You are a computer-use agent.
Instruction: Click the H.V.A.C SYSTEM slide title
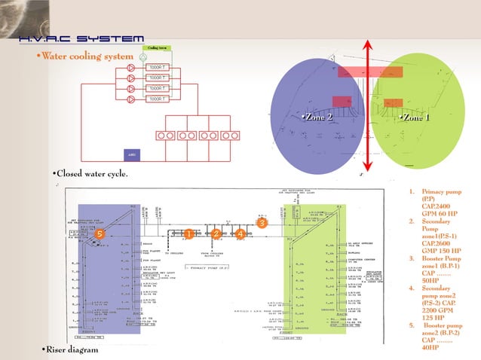[80, 38]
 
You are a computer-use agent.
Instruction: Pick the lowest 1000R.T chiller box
[158, 99]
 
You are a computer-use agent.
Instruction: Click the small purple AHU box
[132, 154]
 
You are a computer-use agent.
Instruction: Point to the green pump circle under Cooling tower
[142, 56]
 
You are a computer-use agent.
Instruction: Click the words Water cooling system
[87, 56]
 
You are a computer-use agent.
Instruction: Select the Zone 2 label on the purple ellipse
[317, 117]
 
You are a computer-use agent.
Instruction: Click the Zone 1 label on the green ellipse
[415, 117]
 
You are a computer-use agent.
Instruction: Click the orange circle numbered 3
[262, 223]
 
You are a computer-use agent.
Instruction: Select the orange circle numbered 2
[216, 233]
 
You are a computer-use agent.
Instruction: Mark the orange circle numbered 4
[240, 233]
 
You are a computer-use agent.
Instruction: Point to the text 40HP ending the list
[431, 347]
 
